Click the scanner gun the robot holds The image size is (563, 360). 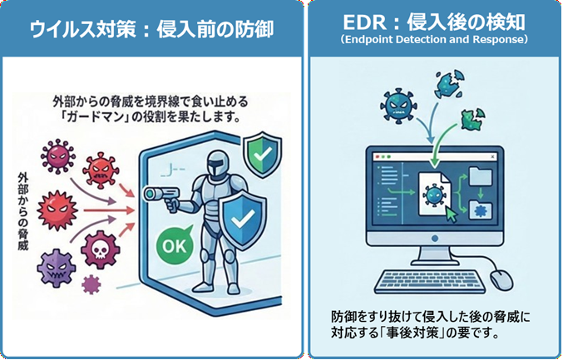(156, 196)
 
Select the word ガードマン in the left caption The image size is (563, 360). (93, 117)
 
